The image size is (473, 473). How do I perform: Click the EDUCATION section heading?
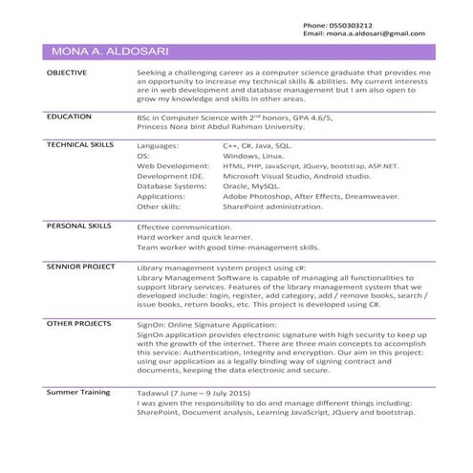(x=69, y=115)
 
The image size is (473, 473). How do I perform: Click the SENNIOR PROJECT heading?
(x=81, y=268)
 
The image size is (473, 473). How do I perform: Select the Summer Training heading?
(x=76, y=392)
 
